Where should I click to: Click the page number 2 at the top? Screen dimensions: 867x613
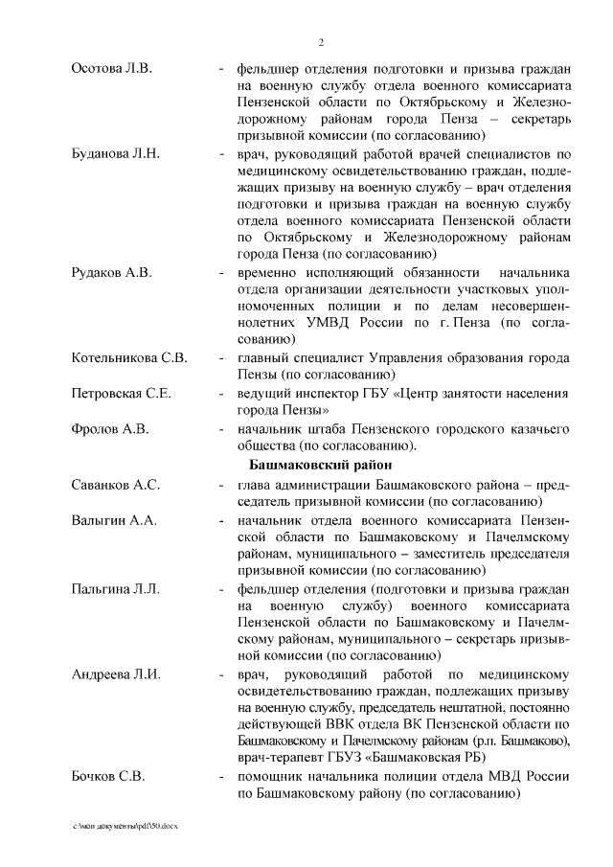pos(321,42)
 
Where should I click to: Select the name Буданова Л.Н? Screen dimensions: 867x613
pos(115,153)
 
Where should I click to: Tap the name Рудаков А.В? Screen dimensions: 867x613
pos(111,273)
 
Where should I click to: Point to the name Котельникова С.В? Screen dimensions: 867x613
pos(129,357)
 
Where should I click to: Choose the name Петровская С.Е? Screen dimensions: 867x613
pos(122,393)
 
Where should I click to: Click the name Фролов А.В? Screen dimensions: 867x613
pos(110,429)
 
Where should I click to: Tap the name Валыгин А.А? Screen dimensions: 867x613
pos(113,520)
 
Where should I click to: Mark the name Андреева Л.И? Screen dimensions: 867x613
pos(116,674)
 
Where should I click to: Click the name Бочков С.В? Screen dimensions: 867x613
pos(108,775)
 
